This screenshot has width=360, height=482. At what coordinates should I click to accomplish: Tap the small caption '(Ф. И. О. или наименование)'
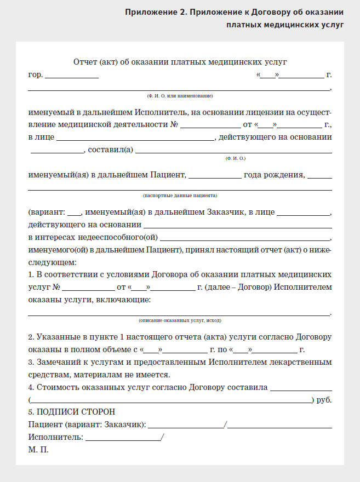tap(179, 96)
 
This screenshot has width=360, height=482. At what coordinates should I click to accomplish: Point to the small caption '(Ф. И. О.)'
tap(235, 159)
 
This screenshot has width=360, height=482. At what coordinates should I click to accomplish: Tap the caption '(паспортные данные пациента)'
tap(180, 195)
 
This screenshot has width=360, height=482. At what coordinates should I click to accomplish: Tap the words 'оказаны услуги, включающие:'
tap(89, 300)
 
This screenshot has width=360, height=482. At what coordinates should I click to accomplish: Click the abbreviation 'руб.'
tap(324, 400)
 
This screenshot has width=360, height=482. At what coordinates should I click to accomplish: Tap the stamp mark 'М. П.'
tap(38, 450)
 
